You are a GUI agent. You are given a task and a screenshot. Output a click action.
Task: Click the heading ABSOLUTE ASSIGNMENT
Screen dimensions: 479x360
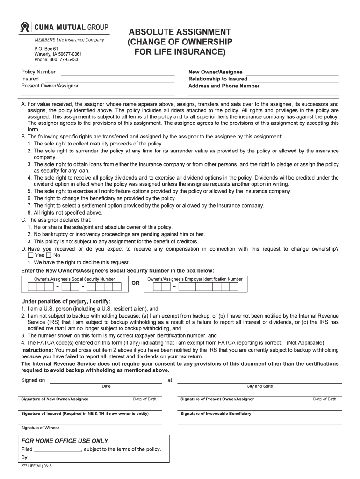(180, 32)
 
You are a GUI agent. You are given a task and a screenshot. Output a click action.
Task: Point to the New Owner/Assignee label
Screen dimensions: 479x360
(215, 72)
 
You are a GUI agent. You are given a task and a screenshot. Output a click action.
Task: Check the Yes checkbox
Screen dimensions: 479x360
(30, 255)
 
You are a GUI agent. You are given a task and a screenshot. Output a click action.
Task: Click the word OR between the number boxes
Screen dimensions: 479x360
(135, 283)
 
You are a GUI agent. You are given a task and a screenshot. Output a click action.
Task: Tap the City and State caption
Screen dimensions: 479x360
(259, 386)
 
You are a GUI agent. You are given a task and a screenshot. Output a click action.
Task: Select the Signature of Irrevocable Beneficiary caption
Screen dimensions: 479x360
(216, 414)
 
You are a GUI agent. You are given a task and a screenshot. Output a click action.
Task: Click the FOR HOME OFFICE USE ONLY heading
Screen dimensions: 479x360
(65, 441)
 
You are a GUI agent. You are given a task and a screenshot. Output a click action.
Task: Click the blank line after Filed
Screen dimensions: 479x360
(58, 450)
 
